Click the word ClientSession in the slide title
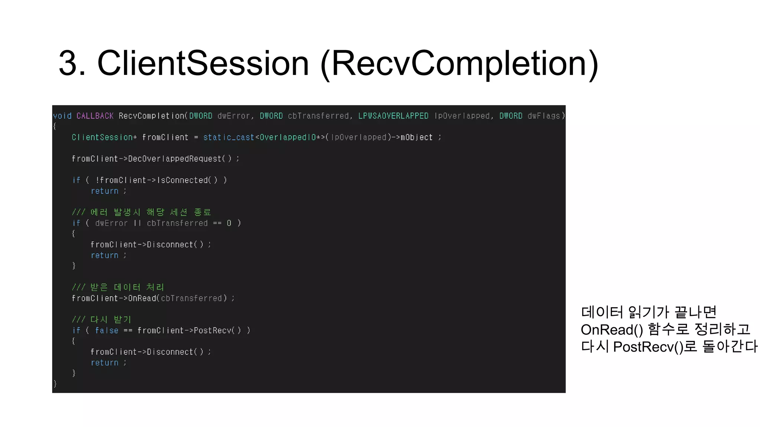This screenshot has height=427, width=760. coord(203,63)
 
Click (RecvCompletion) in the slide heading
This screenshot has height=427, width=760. coord(459,63)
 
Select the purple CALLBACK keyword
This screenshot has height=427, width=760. coord(95,116)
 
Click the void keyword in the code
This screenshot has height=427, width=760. coord(62,116)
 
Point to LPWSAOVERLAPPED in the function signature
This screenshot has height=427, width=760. coord(393,116)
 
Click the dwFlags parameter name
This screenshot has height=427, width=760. coord(544,116)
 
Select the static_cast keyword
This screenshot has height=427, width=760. coord(229,138)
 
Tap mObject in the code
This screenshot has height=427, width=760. coord(416,138)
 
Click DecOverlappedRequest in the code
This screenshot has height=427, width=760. coord(174,159)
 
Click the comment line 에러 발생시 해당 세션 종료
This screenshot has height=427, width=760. coord(141,212)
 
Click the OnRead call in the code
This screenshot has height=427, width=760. coord(142,298)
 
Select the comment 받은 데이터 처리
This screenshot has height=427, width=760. coord(118,287)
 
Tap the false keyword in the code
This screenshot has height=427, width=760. coord(107,331)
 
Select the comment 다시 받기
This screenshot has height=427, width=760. coord(102,320)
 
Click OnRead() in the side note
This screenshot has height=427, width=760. coord(612,330)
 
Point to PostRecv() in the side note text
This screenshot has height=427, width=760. coord(648,347)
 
